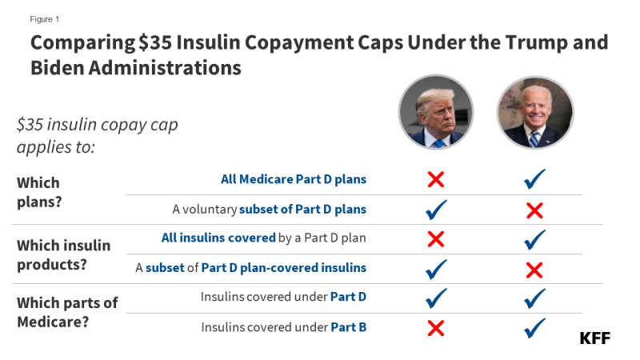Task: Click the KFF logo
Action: tap(594, 338)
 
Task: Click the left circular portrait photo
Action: tap(436, 113)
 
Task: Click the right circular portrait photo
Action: tap(534, 113)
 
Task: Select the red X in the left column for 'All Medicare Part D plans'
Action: tap(436, 180)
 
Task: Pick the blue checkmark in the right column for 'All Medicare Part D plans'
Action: tap(534, 180)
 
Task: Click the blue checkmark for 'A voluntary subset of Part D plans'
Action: tap(436, 210)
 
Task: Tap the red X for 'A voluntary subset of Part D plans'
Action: tap(534, 210)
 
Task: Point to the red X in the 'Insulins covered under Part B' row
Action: tap(436, 327)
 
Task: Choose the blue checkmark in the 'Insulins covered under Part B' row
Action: tap(534, 327)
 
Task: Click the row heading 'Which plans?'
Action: tap(38, 193)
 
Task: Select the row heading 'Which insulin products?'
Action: tap(63, 254)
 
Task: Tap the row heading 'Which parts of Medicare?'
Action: tap(67, 312)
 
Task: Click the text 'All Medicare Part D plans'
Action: tap(293, 179)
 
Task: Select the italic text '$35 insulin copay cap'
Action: tap(97, 125)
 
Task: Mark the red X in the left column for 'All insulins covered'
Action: tap(436, 238)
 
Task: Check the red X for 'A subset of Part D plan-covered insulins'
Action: tap(534, 269)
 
